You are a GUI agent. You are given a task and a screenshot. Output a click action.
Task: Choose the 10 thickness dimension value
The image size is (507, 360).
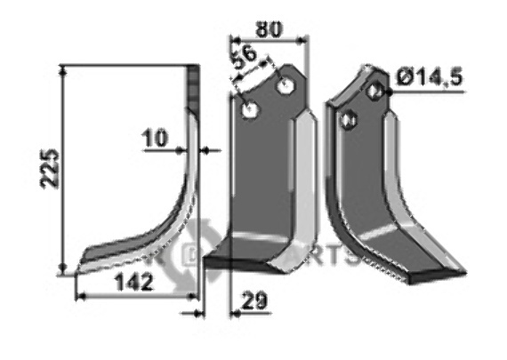(x=153, y=138)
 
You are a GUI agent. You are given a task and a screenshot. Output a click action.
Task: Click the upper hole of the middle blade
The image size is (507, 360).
(x=286, y=87)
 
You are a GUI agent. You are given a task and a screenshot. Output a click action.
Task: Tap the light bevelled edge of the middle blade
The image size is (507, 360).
(x=302, y=178)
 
